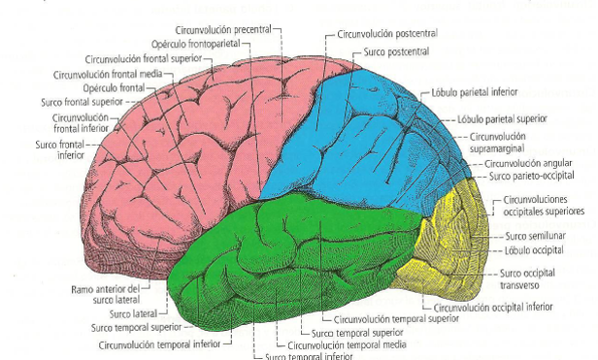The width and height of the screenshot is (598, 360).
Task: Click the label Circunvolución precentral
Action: click(223, 30)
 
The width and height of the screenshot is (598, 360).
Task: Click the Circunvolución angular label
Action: click(524, 164)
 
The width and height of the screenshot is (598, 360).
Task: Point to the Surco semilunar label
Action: click(530, 236)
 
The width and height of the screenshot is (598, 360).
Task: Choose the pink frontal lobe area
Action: click(175, 146)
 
